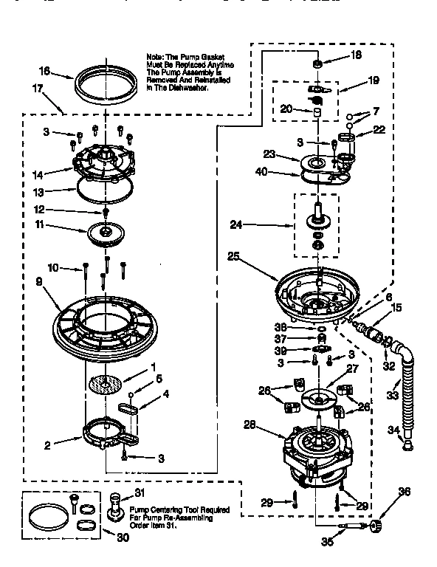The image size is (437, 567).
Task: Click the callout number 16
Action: [x=44, y=72]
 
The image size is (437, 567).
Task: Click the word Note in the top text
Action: [x=155, y=56]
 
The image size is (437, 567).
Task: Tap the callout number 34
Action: [x=393, y=429]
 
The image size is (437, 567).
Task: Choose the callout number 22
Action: [x=379, y=130]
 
